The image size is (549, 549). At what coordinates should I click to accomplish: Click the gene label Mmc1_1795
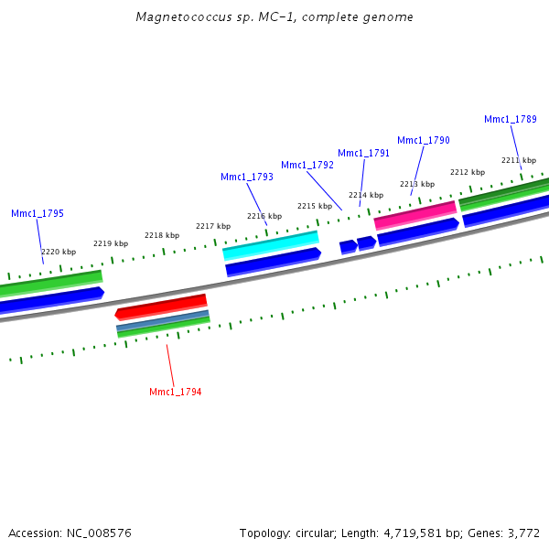[38, 213]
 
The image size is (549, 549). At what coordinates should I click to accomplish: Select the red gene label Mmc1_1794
[175, 392]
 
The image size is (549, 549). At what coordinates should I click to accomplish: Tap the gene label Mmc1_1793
[247, 177]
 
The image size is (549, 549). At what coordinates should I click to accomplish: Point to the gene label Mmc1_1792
[307, 165]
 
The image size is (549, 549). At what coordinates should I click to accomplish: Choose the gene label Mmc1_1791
[364, 153]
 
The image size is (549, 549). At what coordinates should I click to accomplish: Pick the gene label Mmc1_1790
[424, 140]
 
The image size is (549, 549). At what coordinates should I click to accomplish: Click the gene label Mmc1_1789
[511, 119]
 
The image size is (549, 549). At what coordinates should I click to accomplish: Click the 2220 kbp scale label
[59, 252]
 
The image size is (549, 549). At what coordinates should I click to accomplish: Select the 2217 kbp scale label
[213, 226]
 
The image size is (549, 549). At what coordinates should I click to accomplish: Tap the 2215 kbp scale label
[315, 206]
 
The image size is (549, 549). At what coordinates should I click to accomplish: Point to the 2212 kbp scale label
[467, 172]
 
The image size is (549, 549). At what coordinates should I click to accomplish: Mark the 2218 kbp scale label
[162, 235]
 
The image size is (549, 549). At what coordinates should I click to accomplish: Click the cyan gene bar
[271, 244]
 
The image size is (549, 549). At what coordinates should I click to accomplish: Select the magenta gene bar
[415, 215]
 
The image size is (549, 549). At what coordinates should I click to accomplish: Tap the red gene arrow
[161, 305]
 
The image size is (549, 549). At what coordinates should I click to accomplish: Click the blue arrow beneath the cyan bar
[273, 261]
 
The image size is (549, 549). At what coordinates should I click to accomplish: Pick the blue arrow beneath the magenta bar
[417, 231]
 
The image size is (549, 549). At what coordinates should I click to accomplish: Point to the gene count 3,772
[523, 533]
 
